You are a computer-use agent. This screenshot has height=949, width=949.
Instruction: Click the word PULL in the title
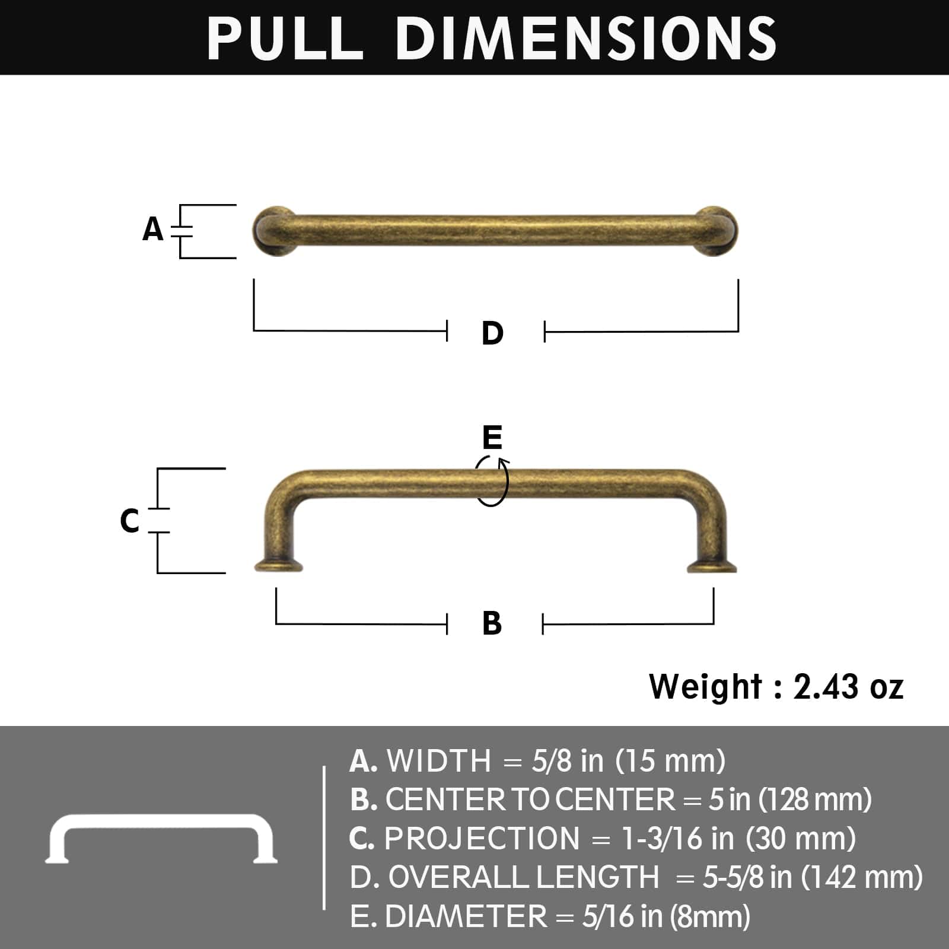coord(285,38)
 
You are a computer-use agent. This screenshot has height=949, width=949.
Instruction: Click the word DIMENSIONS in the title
coord(585,38)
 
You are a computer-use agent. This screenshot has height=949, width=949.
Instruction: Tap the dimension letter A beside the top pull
coord(152,230)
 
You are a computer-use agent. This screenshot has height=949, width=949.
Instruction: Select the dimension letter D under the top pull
coord(492,333)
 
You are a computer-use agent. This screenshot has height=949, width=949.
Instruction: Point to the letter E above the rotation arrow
coord(492,438)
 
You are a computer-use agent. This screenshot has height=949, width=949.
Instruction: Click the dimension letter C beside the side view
coord(129,521)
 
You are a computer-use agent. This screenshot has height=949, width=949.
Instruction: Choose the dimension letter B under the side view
coord(492,624)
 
